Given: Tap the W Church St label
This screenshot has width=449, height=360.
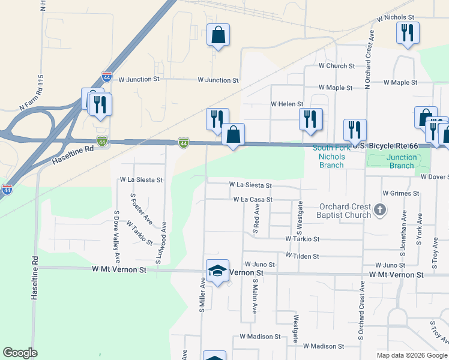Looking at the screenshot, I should [337, 65].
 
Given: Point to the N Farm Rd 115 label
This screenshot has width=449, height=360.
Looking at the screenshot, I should [32, 93].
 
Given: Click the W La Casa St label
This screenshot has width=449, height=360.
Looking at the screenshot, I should [253, 199].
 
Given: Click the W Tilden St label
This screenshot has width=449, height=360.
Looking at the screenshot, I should [302, 256].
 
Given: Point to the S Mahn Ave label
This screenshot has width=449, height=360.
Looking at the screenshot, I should [255, 296].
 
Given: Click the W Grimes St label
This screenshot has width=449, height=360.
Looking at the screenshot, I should [400, 193].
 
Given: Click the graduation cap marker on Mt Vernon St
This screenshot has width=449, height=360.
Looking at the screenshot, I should [217, 271].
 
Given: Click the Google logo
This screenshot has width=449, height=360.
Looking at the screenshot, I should [20, 353].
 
